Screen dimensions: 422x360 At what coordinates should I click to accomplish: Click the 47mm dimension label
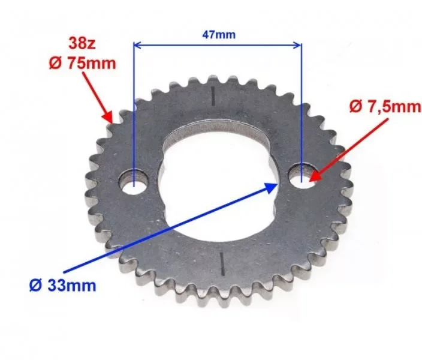point(219,35)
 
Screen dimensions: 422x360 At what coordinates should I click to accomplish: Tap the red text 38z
point(82,43)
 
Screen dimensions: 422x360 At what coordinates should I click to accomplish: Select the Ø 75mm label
point(83,64)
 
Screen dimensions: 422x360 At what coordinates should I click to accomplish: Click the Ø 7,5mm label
point(385,106)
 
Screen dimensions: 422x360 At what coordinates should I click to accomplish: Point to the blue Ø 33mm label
point(63,286)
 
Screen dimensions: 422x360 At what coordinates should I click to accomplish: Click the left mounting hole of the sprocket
point(134,182)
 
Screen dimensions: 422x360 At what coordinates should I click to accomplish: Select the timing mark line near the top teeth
point(213,95)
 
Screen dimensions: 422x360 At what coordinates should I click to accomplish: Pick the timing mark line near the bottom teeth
point(222,264)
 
